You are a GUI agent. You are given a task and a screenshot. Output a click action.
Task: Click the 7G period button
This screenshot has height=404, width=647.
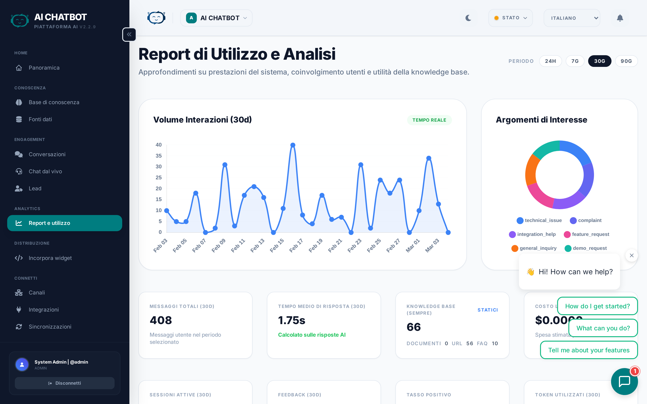575,61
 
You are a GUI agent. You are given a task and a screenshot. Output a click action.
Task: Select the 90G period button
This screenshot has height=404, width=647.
626,61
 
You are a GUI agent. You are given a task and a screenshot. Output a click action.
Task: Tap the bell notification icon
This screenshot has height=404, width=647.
620,18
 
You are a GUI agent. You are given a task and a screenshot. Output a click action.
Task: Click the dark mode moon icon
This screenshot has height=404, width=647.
468,18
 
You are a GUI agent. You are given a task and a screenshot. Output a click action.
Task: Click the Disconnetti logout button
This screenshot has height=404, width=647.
65,383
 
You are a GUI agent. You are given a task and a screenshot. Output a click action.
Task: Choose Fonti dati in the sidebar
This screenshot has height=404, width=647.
40,119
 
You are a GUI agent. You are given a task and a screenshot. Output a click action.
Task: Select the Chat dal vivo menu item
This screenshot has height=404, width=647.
45,171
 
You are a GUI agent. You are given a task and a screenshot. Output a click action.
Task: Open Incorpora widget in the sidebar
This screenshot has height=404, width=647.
50,258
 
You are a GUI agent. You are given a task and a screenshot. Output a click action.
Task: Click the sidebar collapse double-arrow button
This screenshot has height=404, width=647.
129,35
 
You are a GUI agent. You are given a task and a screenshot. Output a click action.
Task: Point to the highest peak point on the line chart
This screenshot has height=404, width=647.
293,145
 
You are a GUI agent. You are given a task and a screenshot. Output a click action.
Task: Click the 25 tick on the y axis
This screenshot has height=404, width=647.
159,177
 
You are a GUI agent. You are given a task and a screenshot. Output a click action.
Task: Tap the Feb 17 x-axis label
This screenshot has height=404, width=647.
296,245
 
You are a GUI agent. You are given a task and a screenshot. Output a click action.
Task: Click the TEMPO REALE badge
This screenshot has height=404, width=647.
429,120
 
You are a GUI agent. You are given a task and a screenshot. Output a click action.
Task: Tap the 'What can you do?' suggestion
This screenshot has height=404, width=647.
603,328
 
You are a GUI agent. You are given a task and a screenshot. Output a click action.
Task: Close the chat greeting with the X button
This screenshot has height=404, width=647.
631,255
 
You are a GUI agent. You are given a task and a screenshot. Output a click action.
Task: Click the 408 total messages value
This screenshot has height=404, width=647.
161,320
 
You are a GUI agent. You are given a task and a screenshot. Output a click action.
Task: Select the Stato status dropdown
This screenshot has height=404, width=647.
510,18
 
